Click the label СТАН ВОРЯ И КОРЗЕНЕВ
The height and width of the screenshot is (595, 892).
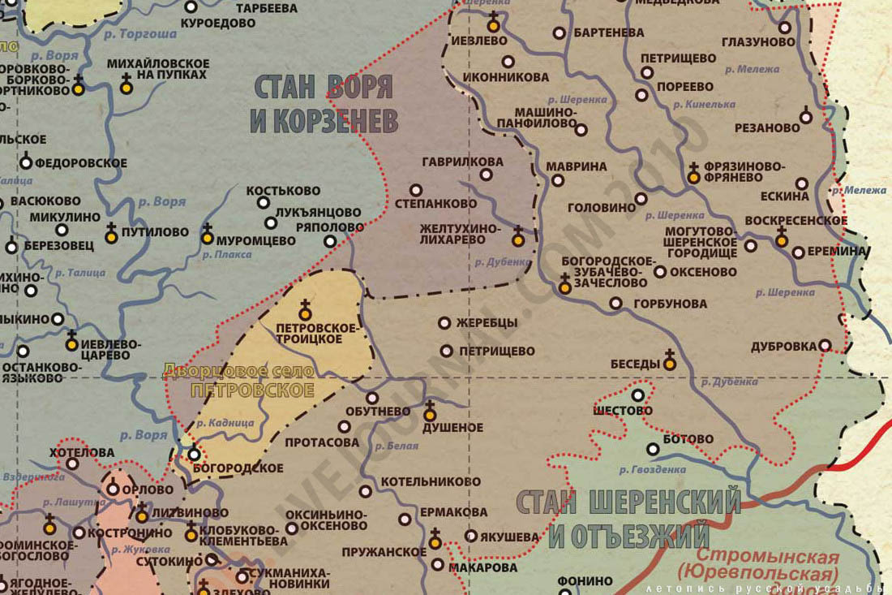(324, 104)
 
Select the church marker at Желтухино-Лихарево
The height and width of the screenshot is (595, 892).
(517, 238)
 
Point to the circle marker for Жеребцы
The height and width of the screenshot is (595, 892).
(444, 323)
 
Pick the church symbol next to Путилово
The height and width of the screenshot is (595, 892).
(111, 236)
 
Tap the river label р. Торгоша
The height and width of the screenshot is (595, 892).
(144, 34)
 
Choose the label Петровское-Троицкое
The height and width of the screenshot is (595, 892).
(316, 333)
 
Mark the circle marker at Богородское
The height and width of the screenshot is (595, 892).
(194, 455)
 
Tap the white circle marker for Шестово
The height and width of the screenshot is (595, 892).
(638, 395)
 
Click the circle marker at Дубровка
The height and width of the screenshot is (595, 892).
(825, 345)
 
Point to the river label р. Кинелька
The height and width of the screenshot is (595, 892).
(704, 105)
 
